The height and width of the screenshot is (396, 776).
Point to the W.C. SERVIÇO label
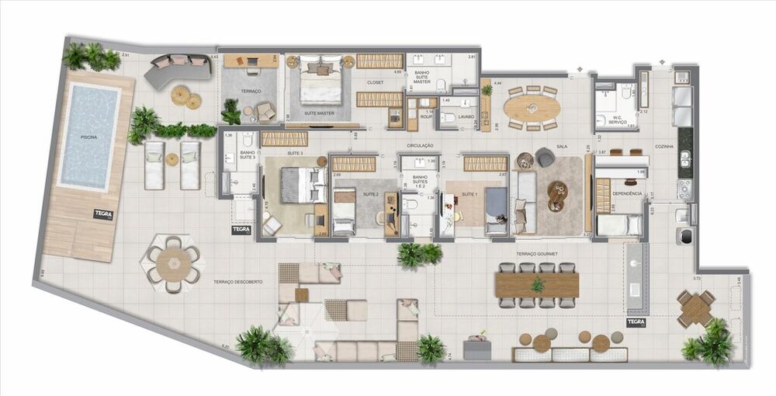coord(612,121)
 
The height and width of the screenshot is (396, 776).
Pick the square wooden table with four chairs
coord(695,307)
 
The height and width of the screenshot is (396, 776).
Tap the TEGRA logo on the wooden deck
coord(102,214)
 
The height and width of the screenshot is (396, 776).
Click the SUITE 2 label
coord(370,193)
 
